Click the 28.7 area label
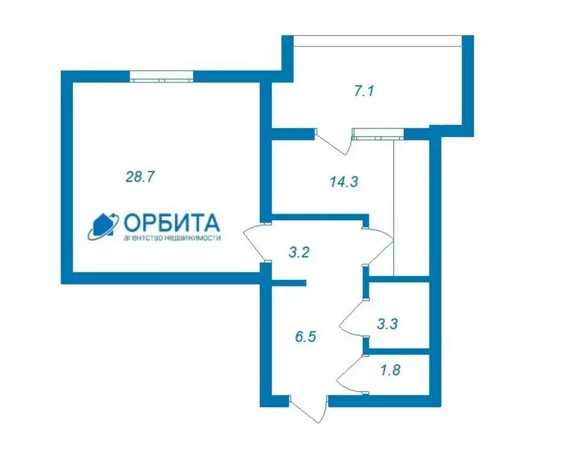140,177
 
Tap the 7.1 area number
365,92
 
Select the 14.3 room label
344,181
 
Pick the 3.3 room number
386,324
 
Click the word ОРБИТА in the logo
172,224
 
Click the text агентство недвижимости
172,238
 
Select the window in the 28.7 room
161,77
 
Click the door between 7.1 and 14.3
333,142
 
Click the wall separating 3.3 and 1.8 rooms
398,351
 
